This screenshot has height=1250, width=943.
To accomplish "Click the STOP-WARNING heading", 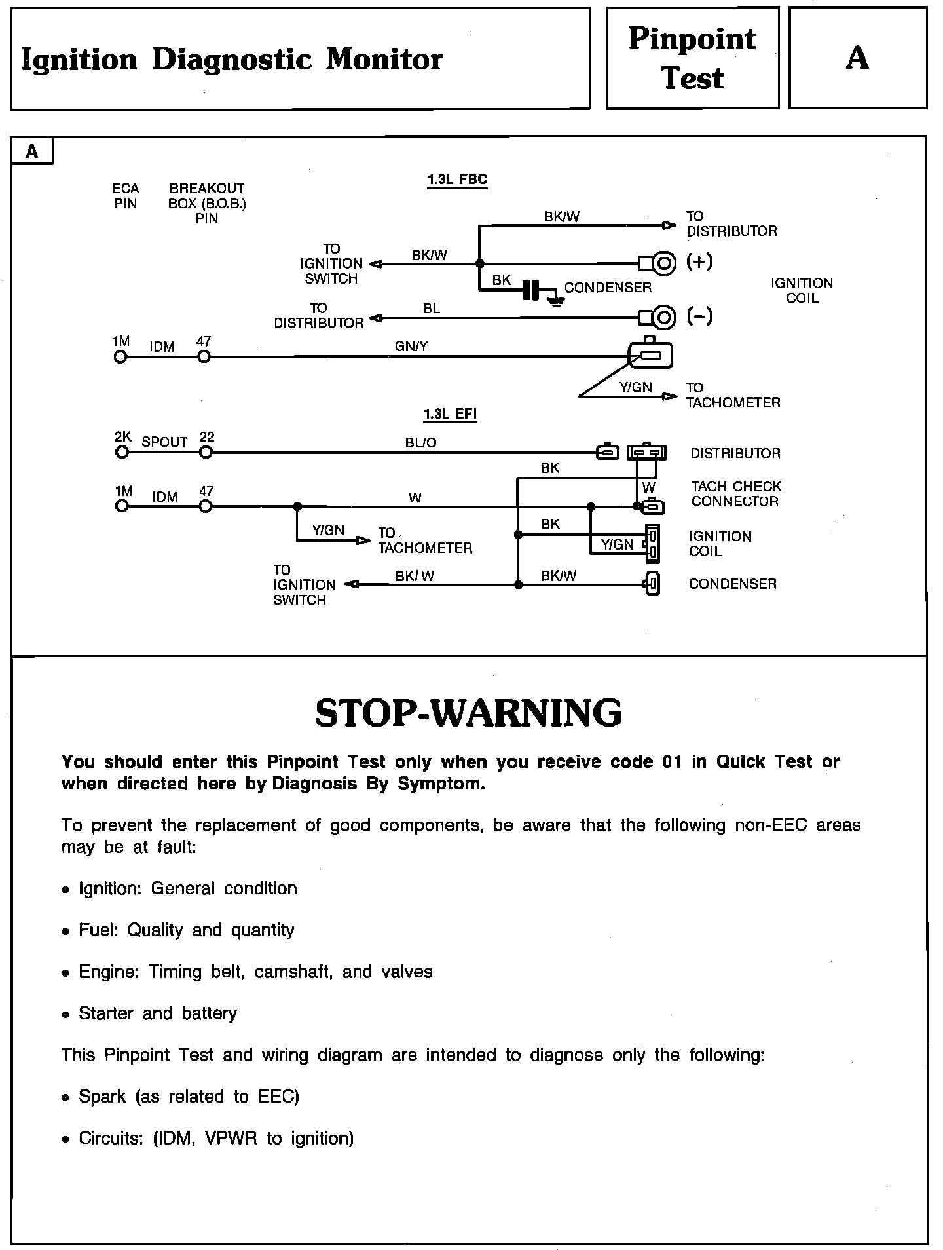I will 468,713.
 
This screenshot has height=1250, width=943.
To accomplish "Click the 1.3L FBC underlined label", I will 457,180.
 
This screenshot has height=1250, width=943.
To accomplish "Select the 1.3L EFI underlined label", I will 450,414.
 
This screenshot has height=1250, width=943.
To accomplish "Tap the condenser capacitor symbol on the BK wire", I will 531,290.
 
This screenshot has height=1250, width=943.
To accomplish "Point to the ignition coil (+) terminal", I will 663,263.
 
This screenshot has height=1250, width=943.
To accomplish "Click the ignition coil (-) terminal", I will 663,318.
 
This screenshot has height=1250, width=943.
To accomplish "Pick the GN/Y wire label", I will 411,346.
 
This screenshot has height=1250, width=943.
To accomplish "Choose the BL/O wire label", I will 420,443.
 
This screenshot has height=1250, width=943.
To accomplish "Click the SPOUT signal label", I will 164,442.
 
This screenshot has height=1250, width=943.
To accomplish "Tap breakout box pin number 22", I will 207,438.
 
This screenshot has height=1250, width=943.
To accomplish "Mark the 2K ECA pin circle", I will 122,452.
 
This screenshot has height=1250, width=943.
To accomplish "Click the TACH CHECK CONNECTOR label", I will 735,494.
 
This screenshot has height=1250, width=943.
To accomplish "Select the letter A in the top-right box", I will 857,58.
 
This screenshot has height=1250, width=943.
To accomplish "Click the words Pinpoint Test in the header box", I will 692,58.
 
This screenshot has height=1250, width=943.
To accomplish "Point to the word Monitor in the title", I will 384,60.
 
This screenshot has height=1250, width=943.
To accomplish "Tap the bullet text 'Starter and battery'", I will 158,1013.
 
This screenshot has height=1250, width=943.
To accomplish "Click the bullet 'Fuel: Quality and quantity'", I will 186,930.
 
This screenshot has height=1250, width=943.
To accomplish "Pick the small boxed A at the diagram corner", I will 32,152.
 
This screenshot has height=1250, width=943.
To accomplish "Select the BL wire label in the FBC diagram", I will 432,308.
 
